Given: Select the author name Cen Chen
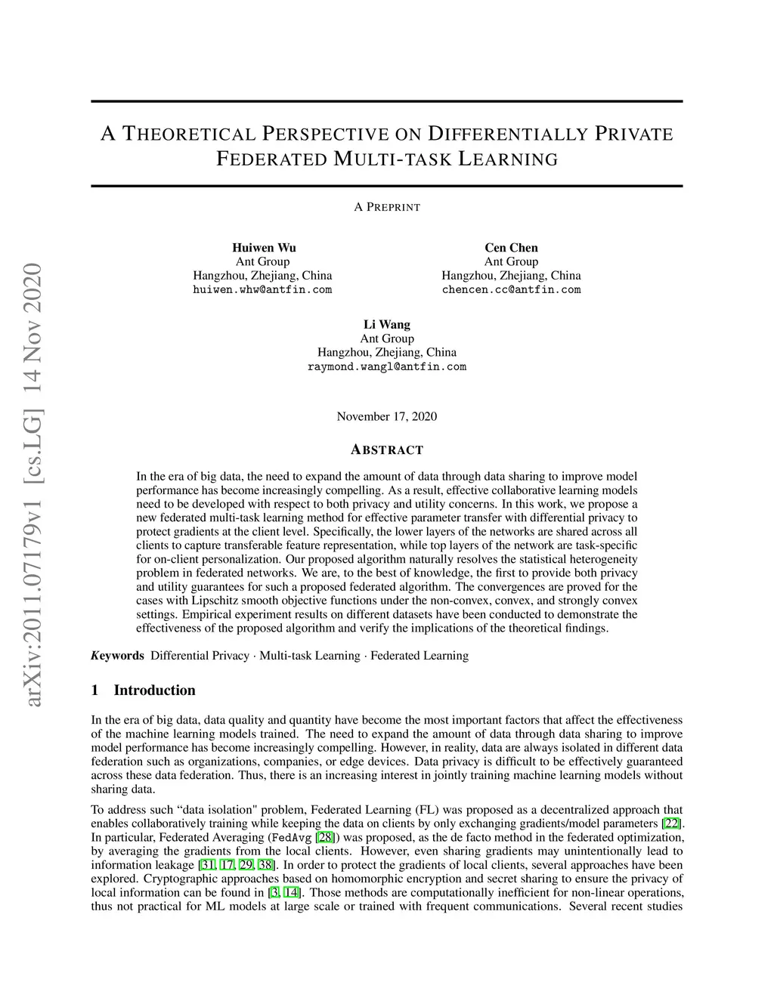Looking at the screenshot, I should (511, 248).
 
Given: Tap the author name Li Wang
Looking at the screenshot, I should (387, 325).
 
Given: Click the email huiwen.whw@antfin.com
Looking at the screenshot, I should (262, 289).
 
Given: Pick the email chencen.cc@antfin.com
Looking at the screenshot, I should (511, 289).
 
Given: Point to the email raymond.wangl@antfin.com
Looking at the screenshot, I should (387, 366).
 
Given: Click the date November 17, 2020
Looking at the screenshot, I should (386, 416).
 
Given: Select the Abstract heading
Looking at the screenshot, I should (387, 450).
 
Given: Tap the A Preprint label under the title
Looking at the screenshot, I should (387, 207).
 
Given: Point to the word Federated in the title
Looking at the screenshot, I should (270, 160).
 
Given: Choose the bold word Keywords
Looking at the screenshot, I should (117, 655).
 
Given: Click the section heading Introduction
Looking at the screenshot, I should (154, 690).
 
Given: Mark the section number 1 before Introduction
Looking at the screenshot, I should (94, 690).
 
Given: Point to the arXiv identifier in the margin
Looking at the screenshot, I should (34, 484).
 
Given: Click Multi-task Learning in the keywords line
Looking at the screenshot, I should (310, 655).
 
